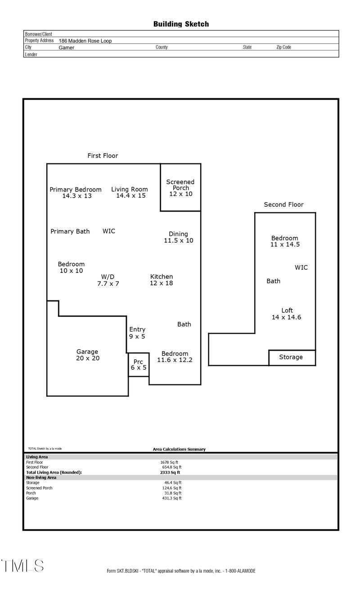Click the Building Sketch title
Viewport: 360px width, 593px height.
[x=181, y=24]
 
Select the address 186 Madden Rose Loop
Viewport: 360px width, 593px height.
[x=85, y=41]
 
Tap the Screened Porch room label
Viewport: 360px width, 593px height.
[x=180, y=188]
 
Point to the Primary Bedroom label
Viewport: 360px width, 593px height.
[x=76, y=190]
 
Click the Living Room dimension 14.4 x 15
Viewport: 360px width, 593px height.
[x=130, y=196]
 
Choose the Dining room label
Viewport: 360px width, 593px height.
[x=178, y=234]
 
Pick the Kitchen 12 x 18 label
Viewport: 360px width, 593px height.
[x=161, y=280]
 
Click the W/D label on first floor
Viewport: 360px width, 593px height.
[x=108, y=276]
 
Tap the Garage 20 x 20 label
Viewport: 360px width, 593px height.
[x=87, y=355]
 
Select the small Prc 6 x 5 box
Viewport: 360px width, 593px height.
[x=139, y=365]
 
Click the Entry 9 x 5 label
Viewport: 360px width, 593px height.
[x=137, y=333]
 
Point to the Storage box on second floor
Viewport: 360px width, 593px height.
[x=291, y=358]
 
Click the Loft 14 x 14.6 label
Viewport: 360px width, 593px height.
[x=287, y=313]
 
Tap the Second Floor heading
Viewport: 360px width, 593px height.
[x=283, y=204]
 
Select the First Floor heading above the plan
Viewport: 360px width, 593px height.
[x=103, y=156]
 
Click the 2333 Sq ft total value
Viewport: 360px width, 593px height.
[x=170, y=472]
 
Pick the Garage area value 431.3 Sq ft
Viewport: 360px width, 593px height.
[x=171, y=498]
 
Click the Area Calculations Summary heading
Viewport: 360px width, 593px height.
[x=179, y=449]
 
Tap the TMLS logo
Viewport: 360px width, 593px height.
[x=22, y=566]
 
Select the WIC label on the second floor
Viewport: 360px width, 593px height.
[x=301, y=267]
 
